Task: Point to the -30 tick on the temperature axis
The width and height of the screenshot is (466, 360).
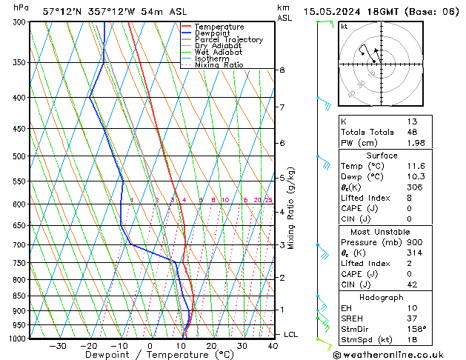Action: [58, 346]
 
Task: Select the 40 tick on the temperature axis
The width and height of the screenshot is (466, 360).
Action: [273, 346]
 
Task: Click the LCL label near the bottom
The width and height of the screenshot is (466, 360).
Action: [291, 335]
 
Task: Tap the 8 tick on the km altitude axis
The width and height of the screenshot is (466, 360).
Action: [282, 70]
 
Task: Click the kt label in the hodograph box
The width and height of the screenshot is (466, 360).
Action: [344, 27]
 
